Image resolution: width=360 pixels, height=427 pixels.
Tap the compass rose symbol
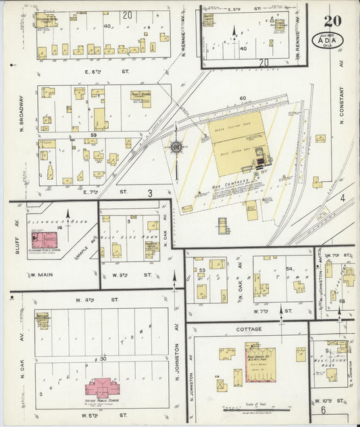[x=176, y=147]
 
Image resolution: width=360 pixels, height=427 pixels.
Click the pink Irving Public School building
[x=101, y=388]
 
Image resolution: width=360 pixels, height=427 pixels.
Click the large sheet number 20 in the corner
[x=332, y=21]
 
